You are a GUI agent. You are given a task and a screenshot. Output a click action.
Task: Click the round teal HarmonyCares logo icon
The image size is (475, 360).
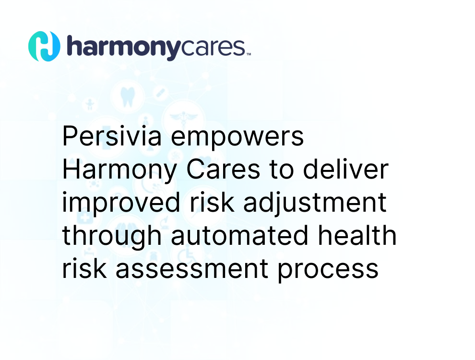(44, 47)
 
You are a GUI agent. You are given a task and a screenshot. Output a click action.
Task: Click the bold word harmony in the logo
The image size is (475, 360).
(124, 48)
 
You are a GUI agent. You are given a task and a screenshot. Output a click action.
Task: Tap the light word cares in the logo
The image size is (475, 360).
(213, 47)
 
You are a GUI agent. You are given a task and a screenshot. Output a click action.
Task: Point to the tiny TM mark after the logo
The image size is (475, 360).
(249, 54)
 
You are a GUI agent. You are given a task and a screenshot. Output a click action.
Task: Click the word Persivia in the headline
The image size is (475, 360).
(112, 136)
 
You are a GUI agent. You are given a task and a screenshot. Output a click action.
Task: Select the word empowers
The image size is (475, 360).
(237, 139)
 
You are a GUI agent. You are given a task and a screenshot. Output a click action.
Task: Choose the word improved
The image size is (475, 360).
(121, 203)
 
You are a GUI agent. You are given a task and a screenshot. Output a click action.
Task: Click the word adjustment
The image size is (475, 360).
(315, 203)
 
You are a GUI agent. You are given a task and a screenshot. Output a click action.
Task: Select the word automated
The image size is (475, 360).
(239, 236)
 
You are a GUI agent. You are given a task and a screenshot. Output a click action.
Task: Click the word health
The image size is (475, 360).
(357, 235)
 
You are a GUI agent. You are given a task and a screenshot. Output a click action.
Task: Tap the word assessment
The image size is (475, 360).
(192, 269)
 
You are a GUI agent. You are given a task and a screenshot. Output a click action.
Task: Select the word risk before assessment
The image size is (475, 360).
(84, 268)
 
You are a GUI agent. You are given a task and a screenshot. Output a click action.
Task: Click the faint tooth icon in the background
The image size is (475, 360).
(128, 97)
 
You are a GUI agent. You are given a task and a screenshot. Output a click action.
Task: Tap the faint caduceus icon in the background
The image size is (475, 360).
(184, 118)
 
